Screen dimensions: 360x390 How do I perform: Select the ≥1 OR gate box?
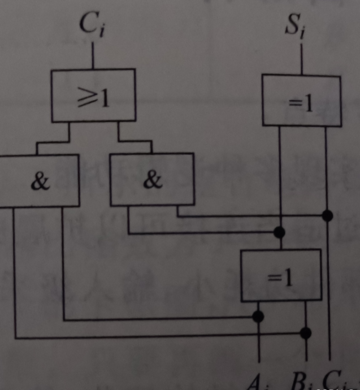[93, 96]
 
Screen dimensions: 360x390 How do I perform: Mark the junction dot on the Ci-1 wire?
[327, 215]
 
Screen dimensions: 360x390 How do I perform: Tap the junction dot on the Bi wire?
[306, 332]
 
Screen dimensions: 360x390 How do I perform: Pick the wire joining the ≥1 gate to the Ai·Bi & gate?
[54, 141]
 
